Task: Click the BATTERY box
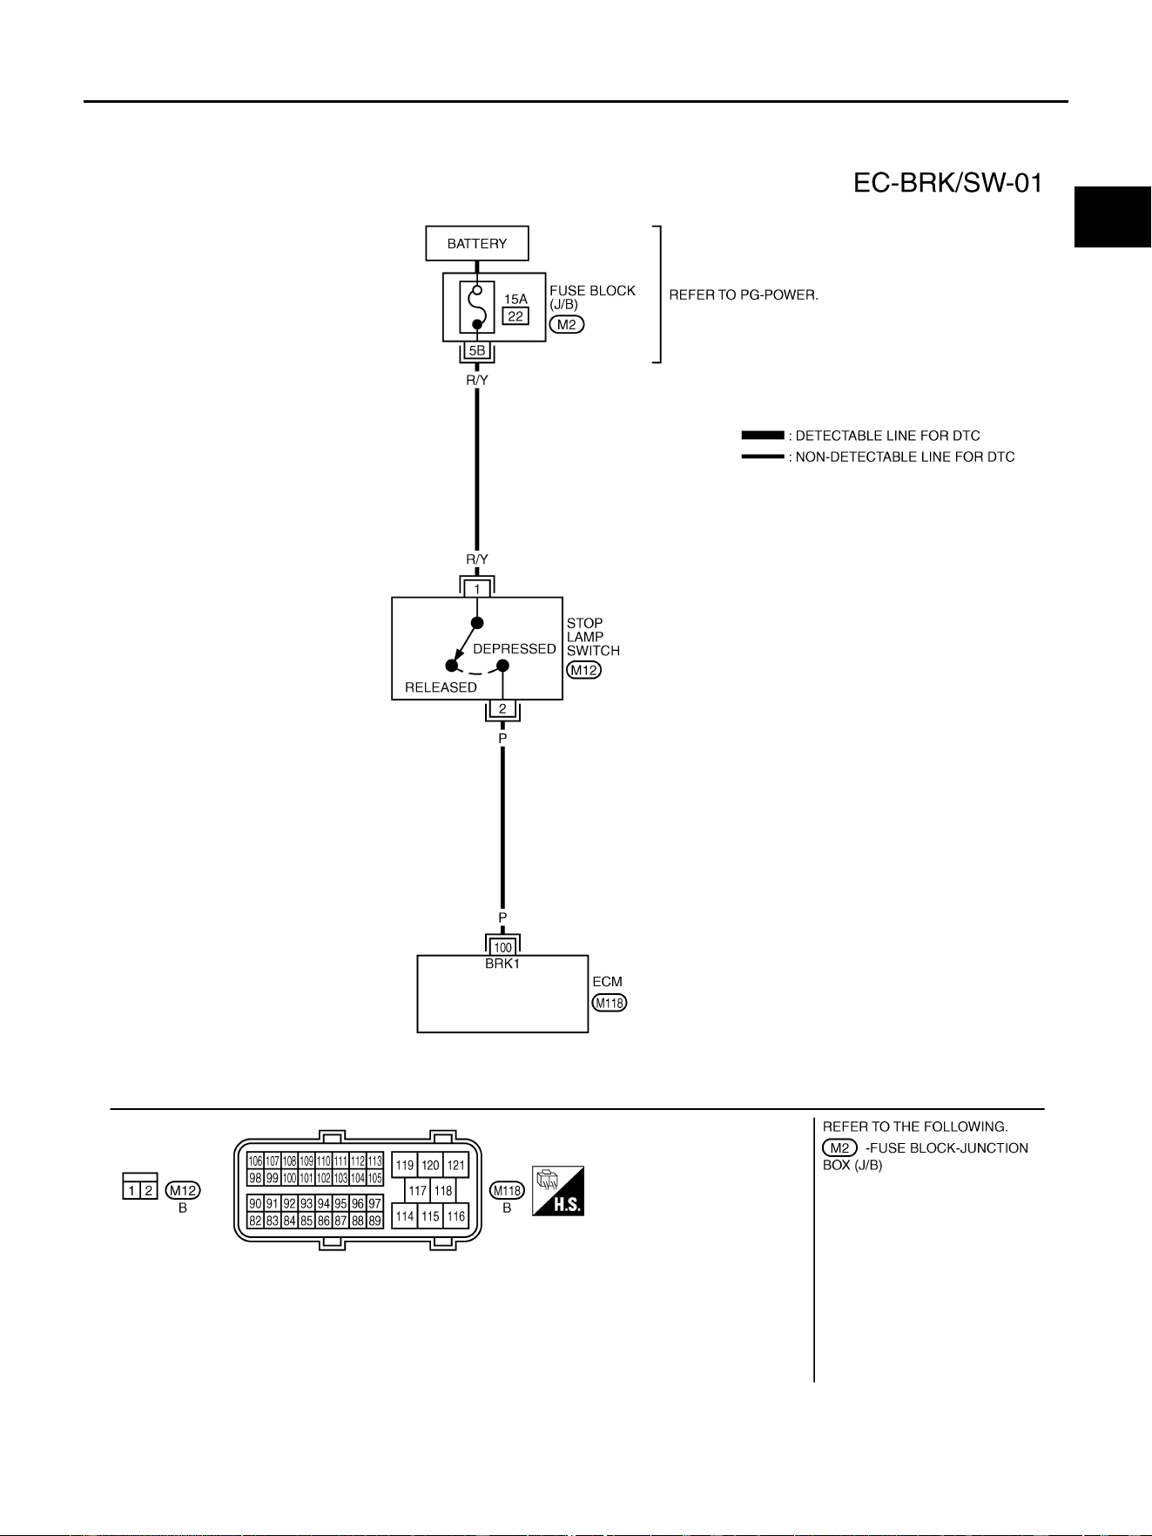(477, 243)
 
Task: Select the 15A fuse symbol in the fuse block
(477, 307)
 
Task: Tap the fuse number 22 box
(515, 316)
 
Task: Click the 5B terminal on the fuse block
(477, 350)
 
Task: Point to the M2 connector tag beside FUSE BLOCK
(567, 324)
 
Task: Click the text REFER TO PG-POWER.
(744, 294)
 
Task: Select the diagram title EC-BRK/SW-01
(947, 184)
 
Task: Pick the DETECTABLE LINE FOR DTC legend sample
(763, 436)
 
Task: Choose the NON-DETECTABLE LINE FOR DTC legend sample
(763, 457)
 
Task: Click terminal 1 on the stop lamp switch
(477, 589)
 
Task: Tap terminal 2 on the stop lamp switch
(502, 709)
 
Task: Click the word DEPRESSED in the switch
(515, 649)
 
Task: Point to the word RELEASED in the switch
(441, 687)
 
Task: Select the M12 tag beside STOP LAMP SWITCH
(584, 670)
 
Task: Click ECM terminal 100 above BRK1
(502, 948)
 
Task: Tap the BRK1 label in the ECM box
(502, 964)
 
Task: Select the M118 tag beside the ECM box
(610, 1003)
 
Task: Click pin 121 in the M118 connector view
(456, 1165)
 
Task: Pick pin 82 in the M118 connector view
(255, 1221)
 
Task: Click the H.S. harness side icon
(558, 1191)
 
